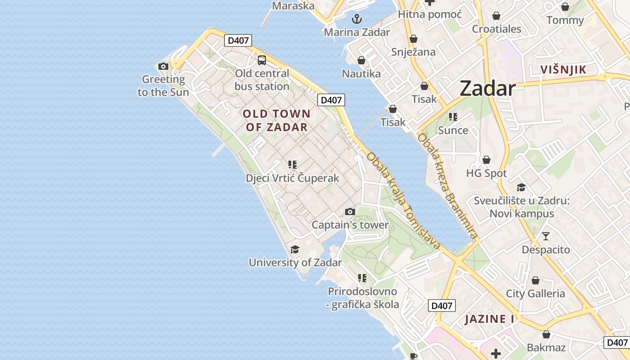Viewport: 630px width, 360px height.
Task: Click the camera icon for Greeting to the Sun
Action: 163,67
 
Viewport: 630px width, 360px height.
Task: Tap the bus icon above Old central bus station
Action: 261,60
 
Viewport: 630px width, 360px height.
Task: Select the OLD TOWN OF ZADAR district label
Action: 276,120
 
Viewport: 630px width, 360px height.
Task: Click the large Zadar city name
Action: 487,89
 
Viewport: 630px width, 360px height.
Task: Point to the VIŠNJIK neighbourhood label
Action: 563,70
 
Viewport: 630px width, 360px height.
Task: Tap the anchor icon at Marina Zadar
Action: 357,19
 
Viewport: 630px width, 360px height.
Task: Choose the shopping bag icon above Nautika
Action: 361,60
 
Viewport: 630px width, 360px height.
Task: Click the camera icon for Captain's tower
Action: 350,211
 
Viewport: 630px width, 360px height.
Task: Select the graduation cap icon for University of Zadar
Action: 295,249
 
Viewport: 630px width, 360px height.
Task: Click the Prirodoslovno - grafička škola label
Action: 363,298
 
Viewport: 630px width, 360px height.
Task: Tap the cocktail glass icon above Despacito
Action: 546,236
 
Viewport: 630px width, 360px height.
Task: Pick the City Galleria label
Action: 535,294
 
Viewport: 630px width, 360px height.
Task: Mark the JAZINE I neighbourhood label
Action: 490,319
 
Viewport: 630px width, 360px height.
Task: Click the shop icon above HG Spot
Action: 486,160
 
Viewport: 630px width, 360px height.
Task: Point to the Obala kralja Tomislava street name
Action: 403,201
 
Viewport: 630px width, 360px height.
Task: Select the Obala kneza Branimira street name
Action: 447,186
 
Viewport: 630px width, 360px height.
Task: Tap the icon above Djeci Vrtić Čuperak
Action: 292,165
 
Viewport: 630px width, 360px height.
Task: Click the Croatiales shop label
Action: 496,29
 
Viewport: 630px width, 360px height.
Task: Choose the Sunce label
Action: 453,130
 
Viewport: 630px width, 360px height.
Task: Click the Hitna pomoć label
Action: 430,14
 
